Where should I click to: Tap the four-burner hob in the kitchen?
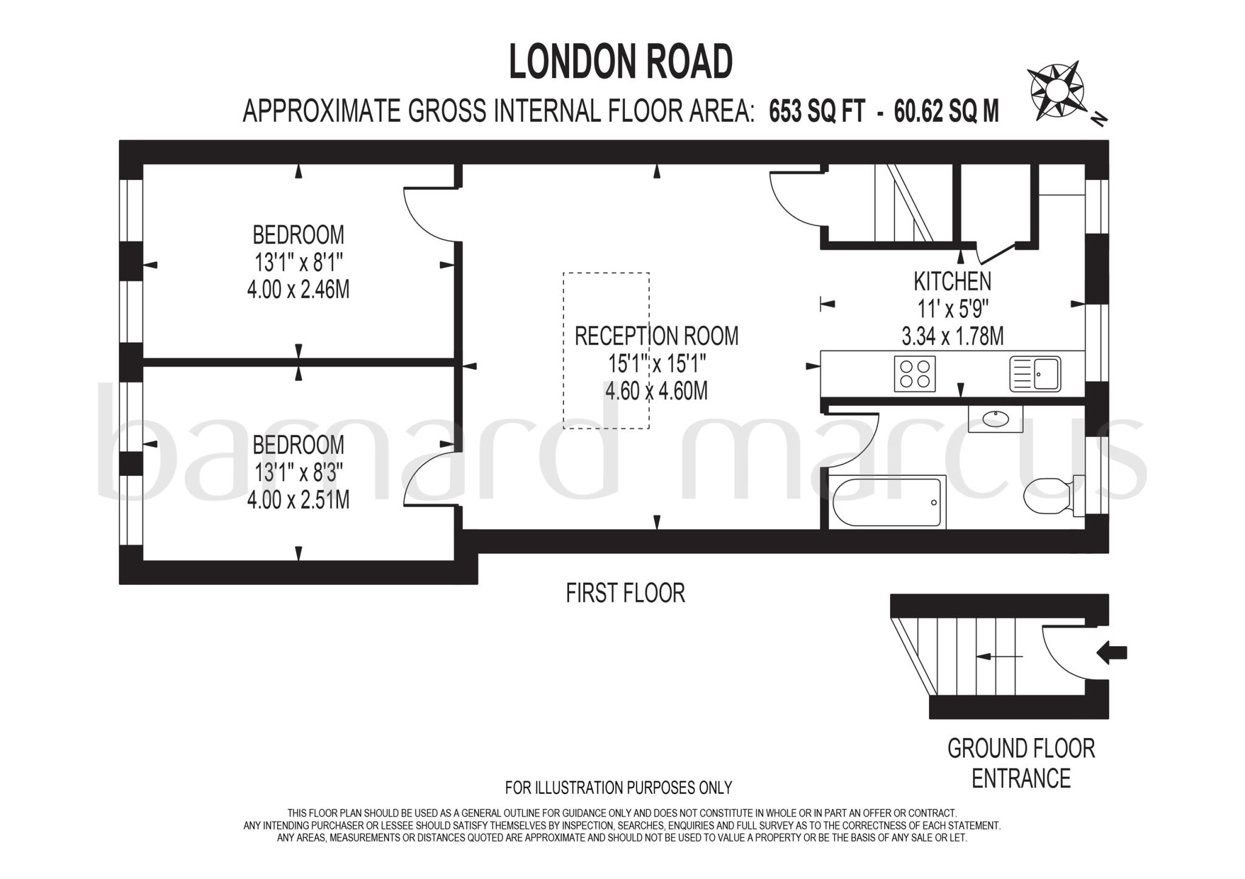[914, 374]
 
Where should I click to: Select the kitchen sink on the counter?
[1035, 374]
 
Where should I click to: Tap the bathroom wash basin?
[995, 419]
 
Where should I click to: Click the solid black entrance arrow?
[1112, 653]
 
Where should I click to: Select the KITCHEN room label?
[953, 281]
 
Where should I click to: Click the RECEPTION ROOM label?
[657, 336]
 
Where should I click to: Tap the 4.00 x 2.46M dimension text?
[298, 290]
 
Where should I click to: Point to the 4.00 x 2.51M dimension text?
[298, 500]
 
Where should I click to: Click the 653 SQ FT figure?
[816, 112]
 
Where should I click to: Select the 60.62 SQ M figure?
[947, 112]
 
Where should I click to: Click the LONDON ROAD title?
[621, 62]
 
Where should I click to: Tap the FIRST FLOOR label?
[625, 593]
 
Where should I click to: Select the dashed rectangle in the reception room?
[606, 351]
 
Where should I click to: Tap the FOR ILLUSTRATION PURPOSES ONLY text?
[618, 788]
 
